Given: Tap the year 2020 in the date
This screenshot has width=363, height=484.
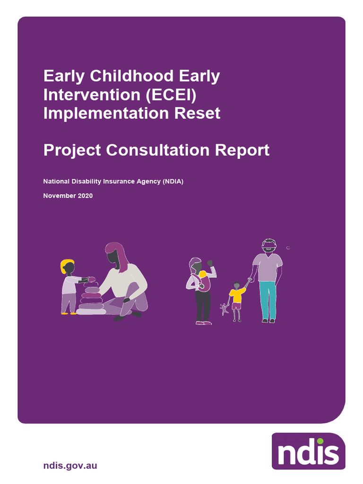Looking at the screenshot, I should coord(85,196).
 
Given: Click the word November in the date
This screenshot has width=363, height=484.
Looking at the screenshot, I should coord(59,196).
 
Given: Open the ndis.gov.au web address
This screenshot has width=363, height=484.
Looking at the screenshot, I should coord(70,466).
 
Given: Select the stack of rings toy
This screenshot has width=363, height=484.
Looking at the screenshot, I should coord(91,298).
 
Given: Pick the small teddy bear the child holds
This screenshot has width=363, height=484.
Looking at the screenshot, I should coord(224,309).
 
